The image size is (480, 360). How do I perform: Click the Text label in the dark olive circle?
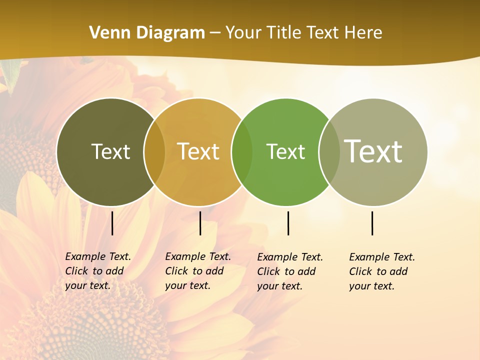pyautogui.click(x=110, y=151)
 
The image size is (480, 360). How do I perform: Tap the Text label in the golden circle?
pyautogui.click(x=198, y=151)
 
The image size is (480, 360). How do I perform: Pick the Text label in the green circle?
pyautogui.click(x=285, y=151)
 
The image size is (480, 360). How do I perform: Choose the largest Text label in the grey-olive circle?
pyautogui.click(x=373, y=151)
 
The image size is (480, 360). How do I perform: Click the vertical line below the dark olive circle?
pyautogui.click(x=112, y=223)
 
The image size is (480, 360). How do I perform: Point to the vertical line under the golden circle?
pyautogui.click(x=200, y=223)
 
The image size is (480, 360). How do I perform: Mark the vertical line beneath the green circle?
pyautogui.click(x=288, y=223)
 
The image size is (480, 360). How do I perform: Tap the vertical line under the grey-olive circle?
pyautogui.click(x=372, y=223)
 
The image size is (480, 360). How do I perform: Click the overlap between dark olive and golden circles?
pyautogui.click(x=154, y=151)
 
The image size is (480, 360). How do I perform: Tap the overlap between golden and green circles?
pyautogui.click(x=242, y=151)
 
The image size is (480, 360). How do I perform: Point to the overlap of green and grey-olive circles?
pyautogui.click(x=329, y=151)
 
